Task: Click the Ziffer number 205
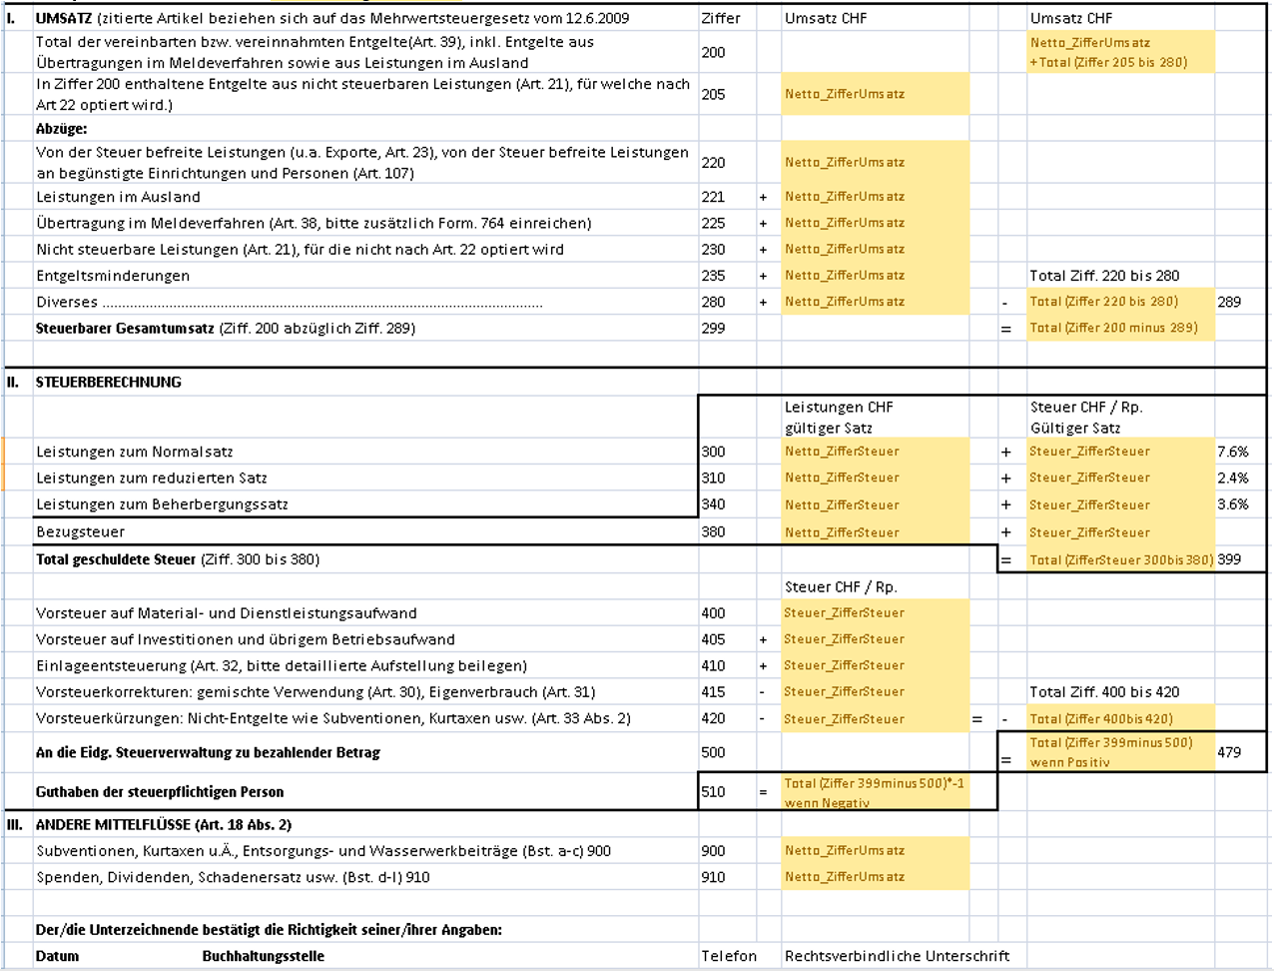713,95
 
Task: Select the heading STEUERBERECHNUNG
109,382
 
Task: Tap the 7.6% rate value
1232,452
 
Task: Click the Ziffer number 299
713,328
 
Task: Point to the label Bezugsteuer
81,531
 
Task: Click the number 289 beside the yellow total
1229,302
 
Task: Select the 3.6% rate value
1232,504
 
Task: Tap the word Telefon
729,956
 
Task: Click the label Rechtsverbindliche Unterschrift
897,956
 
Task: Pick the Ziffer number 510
713,792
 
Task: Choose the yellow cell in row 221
875,197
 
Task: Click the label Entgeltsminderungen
113,276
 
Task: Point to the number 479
1229,752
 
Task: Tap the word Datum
57,956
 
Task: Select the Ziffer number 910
713,877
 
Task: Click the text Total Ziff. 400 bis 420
1104,691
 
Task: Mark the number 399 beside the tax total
1229,559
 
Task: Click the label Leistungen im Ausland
118,197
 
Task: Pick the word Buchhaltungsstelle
263,956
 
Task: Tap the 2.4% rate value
1232,478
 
